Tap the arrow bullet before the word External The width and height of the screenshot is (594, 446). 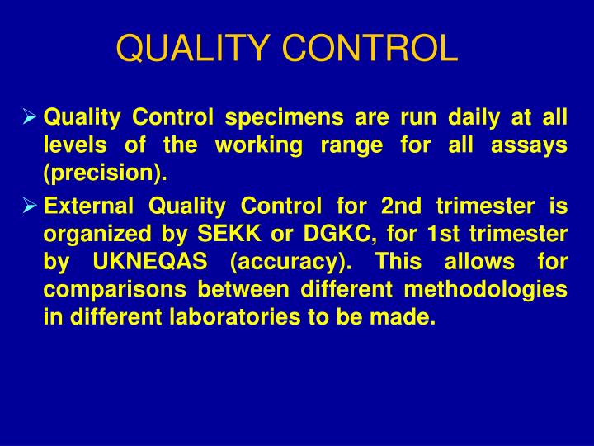[30, 203]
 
